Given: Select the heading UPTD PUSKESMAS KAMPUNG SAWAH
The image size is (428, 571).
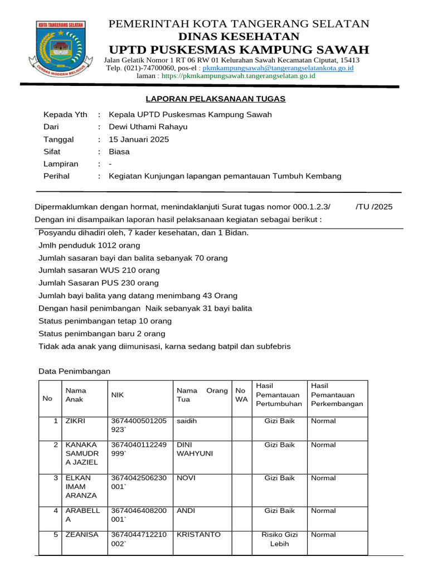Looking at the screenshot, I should (x=239, y=49).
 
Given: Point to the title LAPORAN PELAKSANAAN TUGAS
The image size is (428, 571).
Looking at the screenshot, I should (x=215, y=99).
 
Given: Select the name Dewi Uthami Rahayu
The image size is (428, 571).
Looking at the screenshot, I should (x=148, y=127).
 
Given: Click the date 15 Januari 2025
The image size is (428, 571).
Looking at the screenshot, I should (x=139, y=139).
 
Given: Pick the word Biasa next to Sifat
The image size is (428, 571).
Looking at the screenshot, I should (x=119, y=152).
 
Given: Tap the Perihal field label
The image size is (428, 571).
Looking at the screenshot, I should (x=56, y=176).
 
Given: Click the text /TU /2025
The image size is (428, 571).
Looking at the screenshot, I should (x=373, y=206).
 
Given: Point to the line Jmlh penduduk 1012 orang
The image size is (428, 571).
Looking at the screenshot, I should (x=89, y=245).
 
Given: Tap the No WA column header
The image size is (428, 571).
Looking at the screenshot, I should (x=241, y=395).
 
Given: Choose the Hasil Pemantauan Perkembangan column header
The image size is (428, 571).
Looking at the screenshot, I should (x=337, y=395).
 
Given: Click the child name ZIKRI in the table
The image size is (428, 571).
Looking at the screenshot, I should (x=76, y=421).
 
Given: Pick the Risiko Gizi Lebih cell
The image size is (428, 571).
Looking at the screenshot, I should (x=280, y=539).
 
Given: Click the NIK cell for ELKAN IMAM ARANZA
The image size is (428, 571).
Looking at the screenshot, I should (x=138, y=482).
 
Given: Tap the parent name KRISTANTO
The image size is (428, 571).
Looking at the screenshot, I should (x=198, y=535).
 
